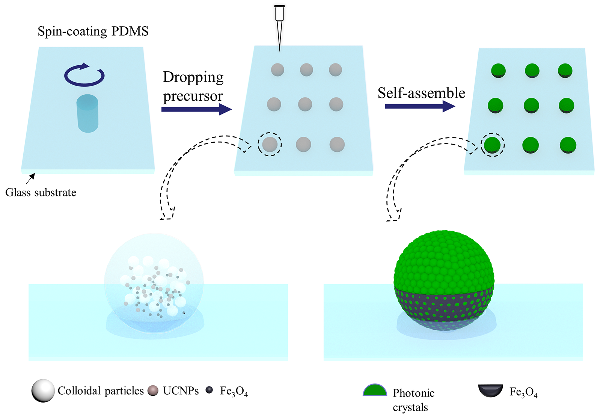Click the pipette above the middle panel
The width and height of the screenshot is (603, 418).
(x=279, y=23)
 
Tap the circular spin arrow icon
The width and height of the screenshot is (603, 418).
(x=84, y=75)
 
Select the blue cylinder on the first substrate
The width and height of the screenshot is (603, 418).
(x=87, y=113)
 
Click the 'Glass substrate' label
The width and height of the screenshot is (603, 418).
(x=41, y=193)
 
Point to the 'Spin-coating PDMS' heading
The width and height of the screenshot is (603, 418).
(x=93, y=31)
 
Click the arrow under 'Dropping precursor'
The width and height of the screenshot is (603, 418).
(x=196, y=109)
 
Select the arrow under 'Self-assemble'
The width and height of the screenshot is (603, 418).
(x=419, y=106)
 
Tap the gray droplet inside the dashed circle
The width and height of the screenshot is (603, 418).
(x=270, y=144)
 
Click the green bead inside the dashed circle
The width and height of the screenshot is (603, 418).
(x=492, y=145)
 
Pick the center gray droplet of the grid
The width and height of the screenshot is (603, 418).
(x=305, y=104)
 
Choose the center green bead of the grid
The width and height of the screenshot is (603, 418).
(x=531, y=106)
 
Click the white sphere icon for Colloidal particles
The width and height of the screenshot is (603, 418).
(x=43, y=391)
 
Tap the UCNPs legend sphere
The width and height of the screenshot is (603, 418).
(x=153, y=391)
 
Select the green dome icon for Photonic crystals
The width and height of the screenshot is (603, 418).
(x=375, y=391)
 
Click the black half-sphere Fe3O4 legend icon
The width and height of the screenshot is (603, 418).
(x=490, y=390)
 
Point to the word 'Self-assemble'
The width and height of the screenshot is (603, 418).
(x=421, y=93)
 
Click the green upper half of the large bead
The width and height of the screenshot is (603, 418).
(x=444, y=259)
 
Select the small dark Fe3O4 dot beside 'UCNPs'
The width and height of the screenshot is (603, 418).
(x=209, y=390)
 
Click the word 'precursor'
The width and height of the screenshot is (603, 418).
(x=193, y=96)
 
